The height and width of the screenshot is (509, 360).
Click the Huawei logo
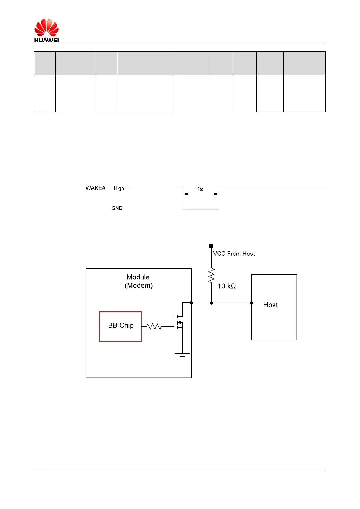46,30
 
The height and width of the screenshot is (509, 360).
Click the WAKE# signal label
96,188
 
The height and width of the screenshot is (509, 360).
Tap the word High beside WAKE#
119,188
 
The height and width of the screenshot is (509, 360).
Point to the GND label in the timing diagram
117,208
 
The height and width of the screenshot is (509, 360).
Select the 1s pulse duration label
200,189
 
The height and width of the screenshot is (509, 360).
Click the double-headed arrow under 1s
201,194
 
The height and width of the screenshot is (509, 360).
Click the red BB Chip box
120,326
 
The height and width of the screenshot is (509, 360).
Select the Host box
274,307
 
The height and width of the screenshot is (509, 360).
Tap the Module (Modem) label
138,281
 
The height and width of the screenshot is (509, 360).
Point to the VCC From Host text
234,254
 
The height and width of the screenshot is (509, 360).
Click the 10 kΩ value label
227,286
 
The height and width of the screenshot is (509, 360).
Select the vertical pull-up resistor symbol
212,275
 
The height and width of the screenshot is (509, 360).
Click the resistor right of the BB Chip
154,326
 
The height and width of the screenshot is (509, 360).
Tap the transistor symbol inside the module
179,322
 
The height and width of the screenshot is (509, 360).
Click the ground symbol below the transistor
182,355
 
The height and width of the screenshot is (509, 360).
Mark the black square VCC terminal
212,246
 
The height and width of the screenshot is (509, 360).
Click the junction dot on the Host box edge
252,303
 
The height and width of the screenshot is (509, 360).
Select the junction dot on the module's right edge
191,303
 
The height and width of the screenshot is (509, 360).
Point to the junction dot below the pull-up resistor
212,303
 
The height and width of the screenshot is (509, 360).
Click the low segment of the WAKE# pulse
201,209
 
